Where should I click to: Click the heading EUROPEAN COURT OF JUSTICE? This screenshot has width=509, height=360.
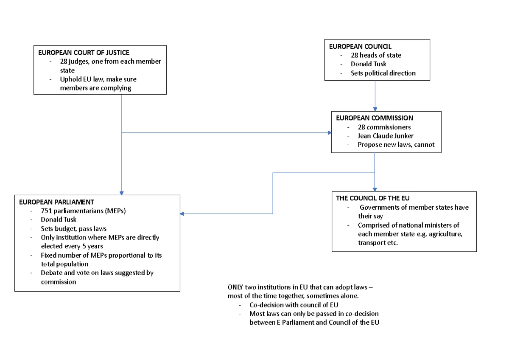pos(84,53)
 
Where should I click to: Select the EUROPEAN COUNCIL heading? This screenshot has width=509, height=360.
pos(360,46)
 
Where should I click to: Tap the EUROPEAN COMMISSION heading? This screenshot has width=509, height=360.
pos(375,118)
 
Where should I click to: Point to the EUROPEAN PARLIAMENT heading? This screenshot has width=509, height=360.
pos(56,202)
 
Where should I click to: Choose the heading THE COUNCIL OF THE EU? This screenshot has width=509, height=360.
pos(373,198)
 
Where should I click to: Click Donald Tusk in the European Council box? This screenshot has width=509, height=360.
pos(368,64)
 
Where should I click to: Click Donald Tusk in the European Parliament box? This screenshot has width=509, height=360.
pos(59,219)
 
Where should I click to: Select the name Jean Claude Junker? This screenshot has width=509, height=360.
pos(386,136)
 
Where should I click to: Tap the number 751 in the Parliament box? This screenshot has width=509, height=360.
pos(46,211)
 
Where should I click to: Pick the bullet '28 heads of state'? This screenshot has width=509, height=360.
pos(376,55)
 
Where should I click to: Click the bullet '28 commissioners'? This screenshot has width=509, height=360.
pos(384,127)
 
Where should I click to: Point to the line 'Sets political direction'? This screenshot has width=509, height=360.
pos(383,73)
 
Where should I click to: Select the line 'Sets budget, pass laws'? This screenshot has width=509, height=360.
pos(74,228)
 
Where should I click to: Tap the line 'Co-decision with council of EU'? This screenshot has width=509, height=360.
pos(294,305)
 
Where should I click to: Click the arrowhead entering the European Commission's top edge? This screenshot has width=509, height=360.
pos(375,109)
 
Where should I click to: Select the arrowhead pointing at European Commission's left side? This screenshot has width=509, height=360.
pos(330,132)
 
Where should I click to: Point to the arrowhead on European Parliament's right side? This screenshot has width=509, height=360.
pos(182,214)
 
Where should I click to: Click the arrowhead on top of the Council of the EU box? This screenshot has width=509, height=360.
pos(375,189)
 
